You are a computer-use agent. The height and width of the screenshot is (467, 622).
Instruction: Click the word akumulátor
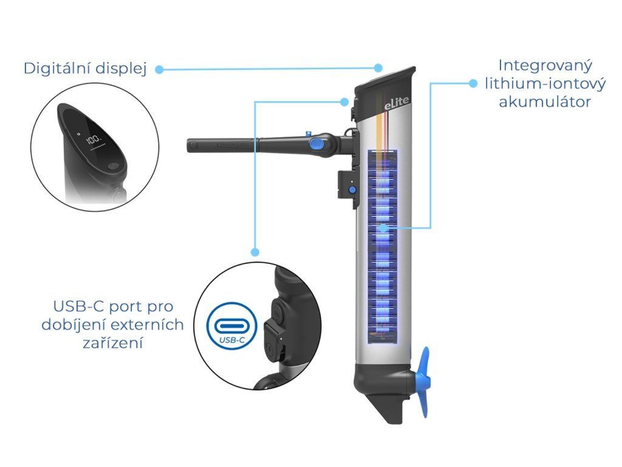point(545,102)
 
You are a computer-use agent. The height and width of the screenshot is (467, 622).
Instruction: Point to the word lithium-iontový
point(545,84)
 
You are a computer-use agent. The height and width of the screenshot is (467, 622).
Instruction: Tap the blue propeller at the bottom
point(423,382)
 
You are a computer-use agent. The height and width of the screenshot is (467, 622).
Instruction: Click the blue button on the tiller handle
point(317,143)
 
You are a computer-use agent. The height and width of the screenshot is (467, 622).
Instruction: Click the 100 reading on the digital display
point(94,139)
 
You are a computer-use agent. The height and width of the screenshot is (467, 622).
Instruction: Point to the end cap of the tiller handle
point(192,145)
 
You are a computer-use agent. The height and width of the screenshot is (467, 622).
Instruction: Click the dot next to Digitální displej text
point(159,70)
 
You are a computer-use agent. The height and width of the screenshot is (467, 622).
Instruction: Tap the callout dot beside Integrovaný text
point(473,83)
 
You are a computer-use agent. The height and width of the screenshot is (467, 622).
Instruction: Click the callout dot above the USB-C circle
point(256,252)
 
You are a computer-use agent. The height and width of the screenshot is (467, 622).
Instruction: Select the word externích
point(146,325)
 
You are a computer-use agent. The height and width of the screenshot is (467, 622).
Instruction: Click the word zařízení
point(112,343)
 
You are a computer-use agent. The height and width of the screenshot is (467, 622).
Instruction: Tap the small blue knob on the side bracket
point(352,190)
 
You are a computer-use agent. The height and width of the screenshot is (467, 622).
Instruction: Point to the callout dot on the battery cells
point(383,228)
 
